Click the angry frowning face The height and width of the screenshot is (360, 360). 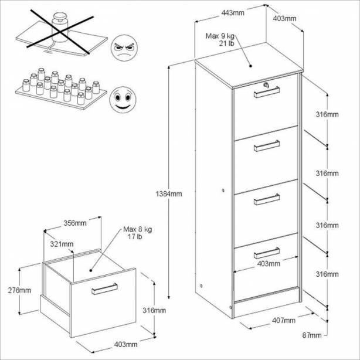point(124,47)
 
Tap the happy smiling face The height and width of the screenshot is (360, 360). point(123,100)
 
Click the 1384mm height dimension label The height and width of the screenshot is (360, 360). point(169,194)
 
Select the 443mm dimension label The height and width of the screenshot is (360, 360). point(233,13)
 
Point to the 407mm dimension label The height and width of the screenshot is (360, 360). point(284,320)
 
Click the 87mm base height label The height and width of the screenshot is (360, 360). point(312,335)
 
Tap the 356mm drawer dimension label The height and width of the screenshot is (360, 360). point(75,223)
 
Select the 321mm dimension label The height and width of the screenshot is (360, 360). point(62,244)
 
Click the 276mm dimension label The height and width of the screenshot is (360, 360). point(19,290)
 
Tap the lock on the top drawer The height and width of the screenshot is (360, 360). point(266,85)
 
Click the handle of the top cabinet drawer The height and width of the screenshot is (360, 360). point(267,92)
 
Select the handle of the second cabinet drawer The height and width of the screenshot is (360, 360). point(267,145)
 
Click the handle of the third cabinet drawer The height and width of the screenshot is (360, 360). point(267,199)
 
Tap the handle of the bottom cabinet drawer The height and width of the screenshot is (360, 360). point(267,253)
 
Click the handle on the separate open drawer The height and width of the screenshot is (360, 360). point(105,289)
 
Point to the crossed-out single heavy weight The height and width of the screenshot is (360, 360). point(60,28)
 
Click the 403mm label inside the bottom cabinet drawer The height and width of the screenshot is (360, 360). point(269,264)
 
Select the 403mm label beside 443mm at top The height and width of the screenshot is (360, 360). point(284,18)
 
